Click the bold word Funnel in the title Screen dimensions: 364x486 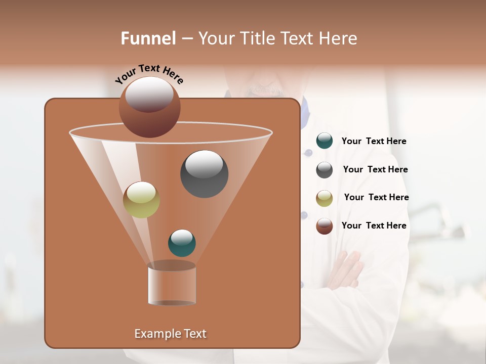coord(148,38)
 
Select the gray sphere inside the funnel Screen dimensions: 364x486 coord(204,174)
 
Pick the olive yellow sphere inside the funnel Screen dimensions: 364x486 coord(141,200)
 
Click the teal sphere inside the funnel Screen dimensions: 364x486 coord(182,243)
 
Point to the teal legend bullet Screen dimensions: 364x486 coord(325,141)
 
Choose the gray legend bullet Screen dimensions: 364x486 coord(325,170)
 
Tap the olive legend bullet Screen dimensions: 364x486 coord(325,198)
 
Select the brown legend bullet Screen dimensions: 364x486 coord(325,226)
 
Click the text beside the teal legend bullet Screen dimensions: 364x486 coord(374,142)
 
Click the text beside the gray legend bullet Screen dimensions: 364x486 coord(375,170)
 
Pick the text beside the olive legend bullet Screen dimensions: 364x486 coord(376,198)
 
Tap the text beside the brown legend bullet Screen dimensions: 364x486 coord(374,225)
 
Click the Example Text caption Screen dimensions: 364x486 coord(171,334)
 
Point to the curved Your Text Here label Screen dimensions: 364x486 coord(149,73)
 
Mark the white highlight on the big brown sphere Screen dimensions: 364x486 coord(149,94)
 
